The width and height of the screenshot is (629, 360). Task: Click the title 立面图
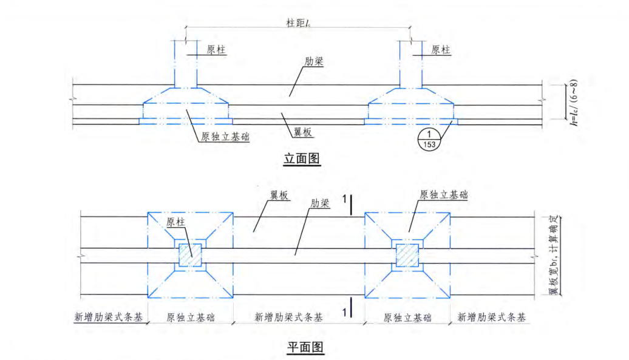(302, 159)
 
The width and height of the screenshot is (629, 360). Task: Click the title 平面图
(305, 347)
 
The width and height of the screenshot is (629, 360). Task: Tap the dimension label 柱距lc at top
(298, 22)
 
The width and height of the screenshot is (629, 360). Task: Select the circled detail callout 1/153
(429, 138)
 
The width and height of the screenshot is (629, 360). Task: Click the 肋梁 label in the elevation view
(313, 62)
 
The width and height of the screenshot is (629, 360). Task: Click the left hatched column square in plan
(190, 255)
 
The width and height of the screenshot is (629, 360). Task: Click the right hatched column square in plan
(407, 255)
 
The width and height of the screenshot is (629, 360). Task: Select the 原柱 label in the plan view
(176, 222)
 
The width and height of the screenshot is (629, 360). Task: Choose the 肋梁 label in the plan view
(319, 203)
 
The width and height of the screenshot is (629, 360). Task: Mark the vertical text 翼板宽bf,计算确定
(553, 254)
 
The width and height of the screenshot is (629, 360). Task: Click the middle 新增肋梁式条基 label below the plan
(288, 318)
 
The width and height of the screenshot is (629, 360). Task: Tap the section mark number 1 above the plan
(344, 199)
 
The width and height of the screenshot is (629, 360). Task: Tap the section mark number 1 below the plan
(344, 312)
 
